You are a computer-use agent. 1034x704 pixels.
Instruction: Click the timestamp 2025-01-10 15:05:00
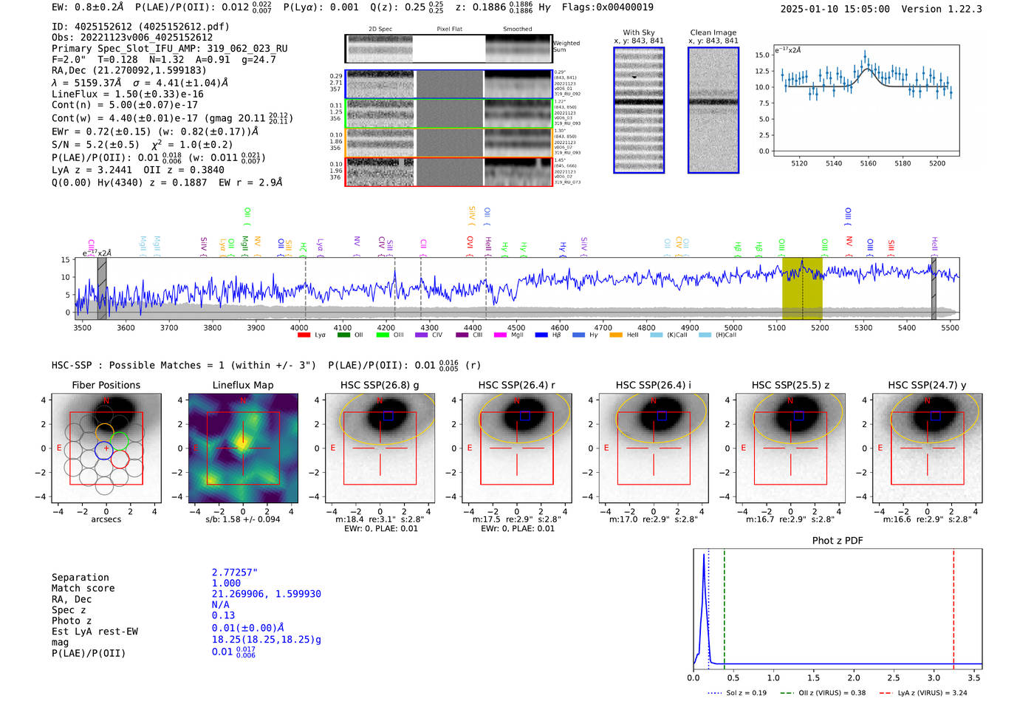[x=835, y=9]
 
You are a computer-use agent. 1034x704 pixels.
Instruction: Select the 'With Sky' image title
[x=638, y=33]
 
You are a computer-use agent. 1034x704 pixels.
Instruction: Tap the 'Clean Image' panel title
[x=713, y=33]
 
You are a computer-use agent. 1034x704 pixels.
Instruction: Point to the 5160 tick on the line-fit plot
[x=868, y=163]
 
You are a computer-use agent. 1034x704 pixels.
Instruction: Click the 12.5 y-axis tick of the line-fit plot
[x=761, y=71]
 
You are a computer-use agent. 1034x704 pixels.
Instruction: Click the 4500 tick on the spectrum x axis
[x=516, y=327]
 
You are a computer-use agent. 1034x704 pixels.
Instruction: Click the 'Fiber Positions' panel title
[x=106, y=385]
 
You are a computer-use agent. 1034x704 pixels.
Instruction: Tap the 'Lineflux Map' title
[x=242, y=385]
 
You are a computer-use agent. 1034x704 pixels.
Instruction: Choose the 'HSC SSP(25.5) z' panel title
[x=790, y=385]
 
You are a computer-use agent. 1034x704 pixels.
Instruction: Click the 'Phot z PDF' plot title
[x=837, y=541]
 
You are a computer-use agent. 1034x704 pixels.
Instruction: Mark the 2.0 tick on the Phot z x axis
[x=853, y=677]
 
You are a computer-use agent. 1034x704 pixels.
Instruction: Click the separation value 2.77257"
[x=234, y=573]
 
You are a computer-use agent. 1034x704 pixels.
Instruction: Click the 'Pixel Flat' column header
[x=449, y=29]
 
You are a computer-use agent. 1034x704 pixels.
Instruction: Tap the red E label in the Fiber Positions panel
[x=59, y=448]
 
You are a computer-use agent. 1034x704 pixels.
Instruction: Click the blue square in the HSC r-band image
[x=524, y=416]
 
